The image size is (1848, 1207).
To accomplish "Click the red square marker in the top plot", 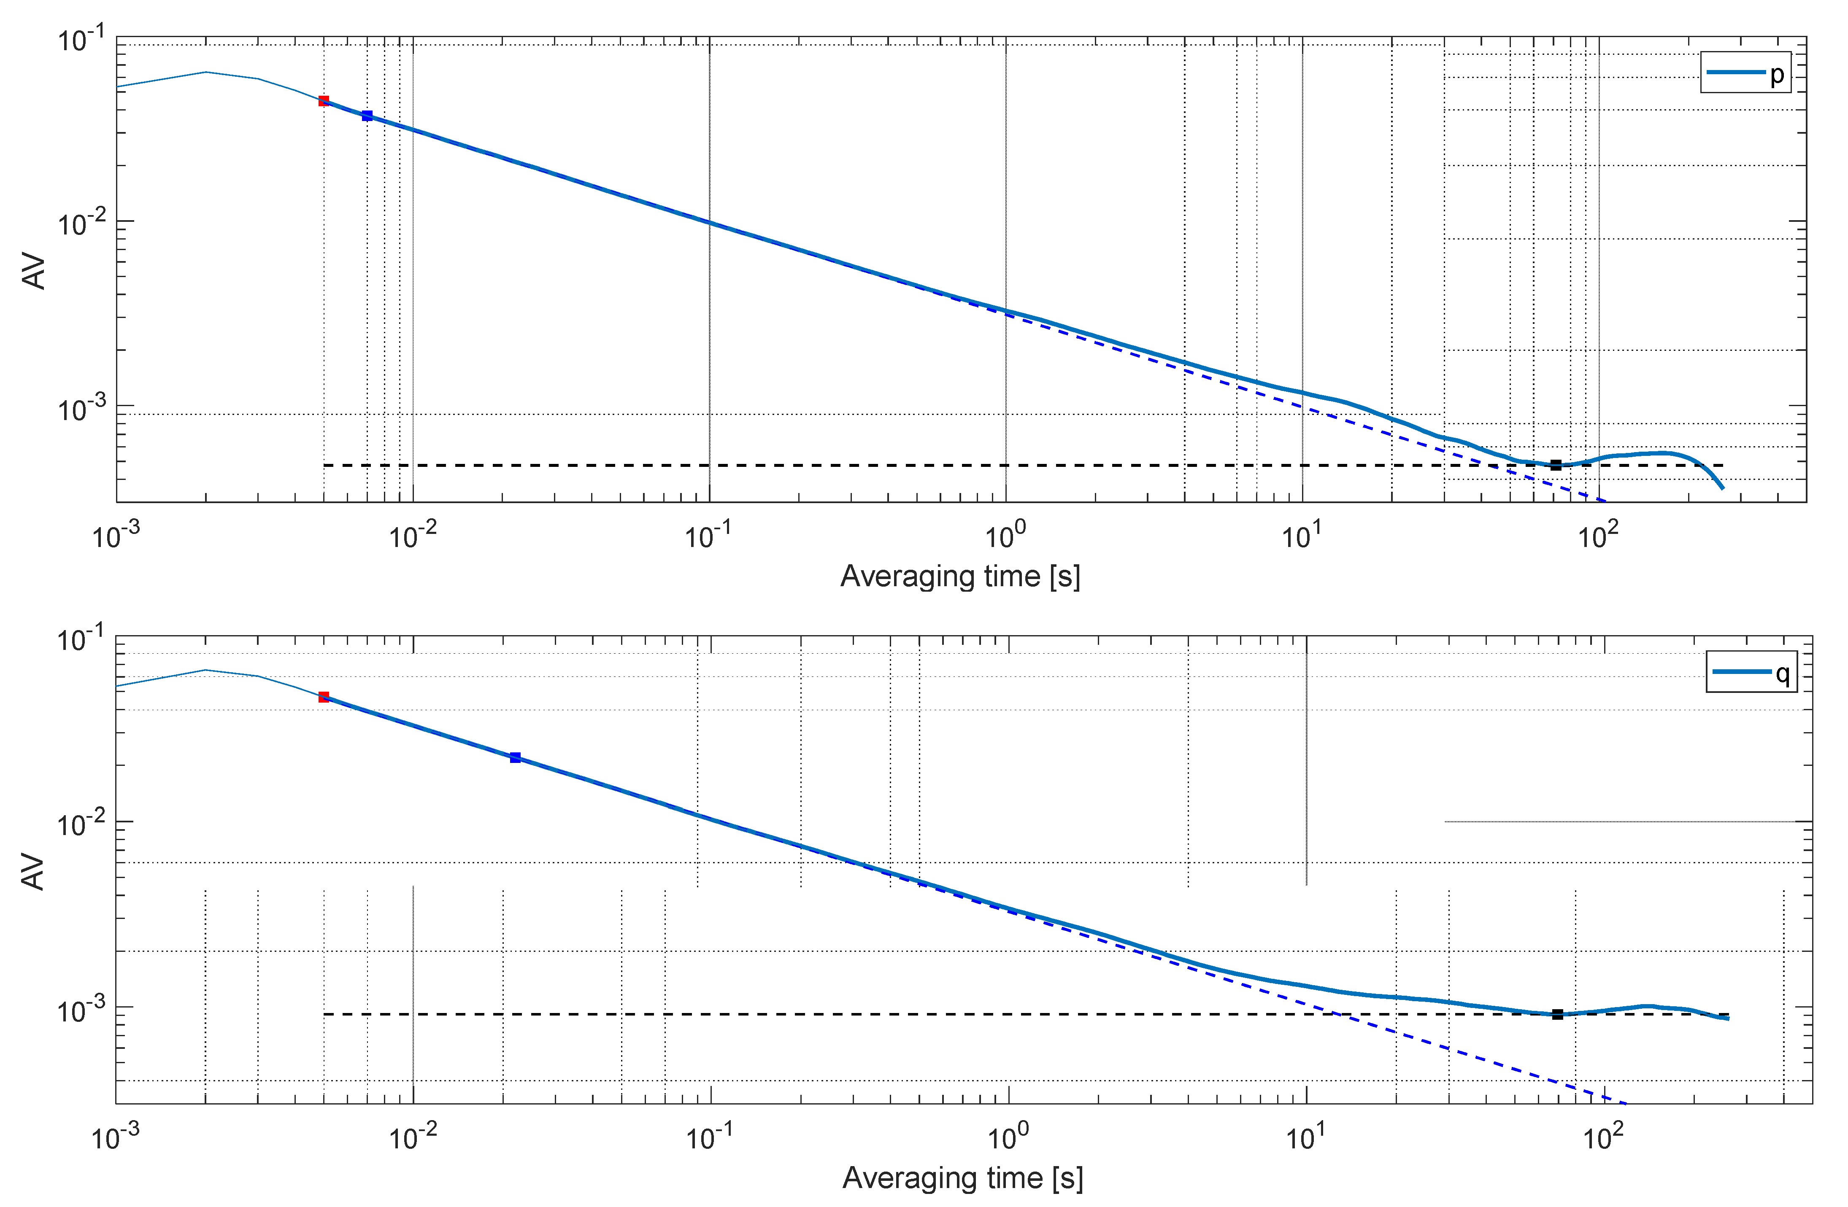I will tap(324, 101).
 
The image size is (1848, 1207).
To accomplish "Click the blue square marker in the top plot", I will tap(367, 116).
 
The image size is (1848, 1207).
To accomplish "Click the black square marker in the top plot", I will tap(1556, 465).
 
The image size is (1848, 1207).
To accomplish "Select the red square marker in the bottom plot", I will tap(324, 697).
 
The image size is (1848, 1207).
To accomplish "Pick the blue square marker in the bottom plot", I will tap(516, 757).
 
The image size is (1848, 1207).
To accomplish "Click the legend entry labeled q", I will tap(1751, 671).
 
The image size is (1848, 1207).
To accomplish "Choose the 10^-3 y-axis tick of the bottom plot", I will tap(80, 1010).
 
